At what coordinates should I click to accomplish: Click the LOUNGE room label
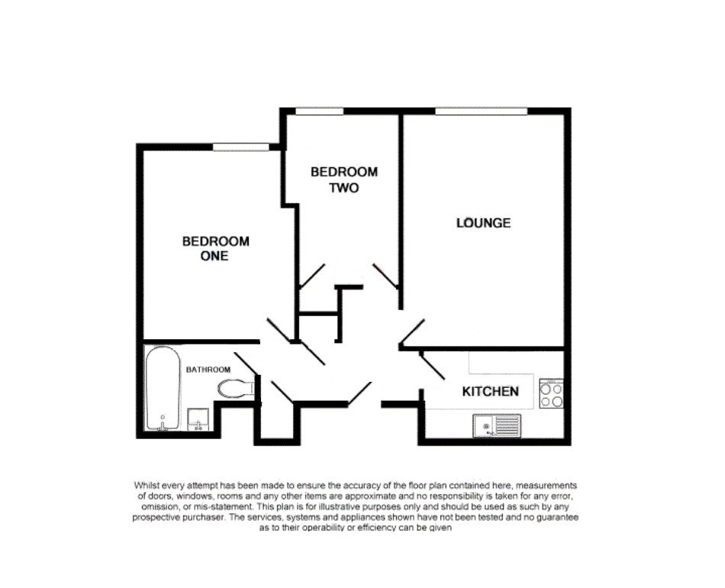click(x=483, y=223)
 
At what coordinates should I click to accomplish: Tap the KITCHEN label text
click(x=491, y=391)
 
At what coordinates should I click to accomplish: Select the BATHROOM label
click(x=208, y=370)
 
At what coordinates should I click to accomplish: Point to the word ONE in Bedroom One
click(x=214, y=256)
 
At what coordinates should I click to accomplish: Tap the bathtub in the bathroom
click(x=163, y=387)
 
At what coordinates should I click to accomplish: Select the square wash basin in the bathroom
click(x=198, y=419)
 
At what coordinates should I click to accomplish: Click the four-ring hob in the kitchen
click(x=551, y=394)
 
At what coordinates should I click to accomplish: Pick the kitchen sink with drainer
click(x=496, y=425)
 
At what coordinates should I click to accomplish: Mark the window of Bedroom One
click(x=240, y=147)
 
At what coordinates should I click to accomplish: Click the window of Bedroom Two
click(x=319, y=111)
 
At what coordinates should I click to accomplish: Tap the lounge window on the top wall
click(x=481, y=111)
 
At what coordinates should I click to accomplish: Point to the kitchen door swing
click(x=433, y=367)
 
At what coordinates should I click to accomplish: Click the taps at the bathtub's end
click(x=162, y=422)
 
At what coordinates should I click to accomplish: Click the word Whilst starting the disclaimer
click(x=148, y=485)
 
